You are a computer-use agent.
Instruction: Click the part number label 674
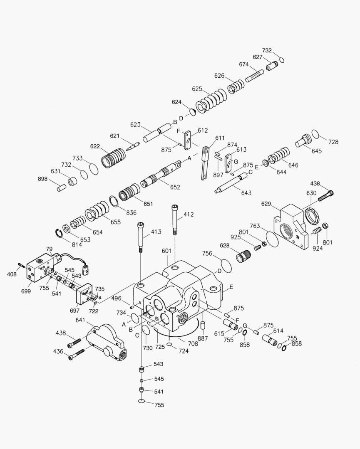pos(243,64)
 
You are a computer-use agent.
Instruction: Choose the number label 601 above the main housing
pos(166,251)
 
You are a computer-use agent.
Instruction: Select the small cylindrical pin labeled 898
pos(62,187)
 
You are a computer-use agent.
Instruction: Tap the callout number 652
pos(175,187)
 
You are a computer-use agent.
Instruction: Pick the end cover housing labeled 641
pos(106,342)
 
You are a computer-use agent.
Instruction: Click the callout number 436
pos(58,352)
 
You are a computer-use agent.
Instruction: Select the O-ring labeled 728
pos(315,134)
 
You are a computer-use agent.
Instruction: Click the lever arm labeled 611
pos(205,162)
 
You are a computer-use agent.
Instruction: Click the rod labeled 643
pos(231,184)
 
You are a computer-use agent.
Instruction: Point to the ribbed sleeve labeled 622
pos(113,158)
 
